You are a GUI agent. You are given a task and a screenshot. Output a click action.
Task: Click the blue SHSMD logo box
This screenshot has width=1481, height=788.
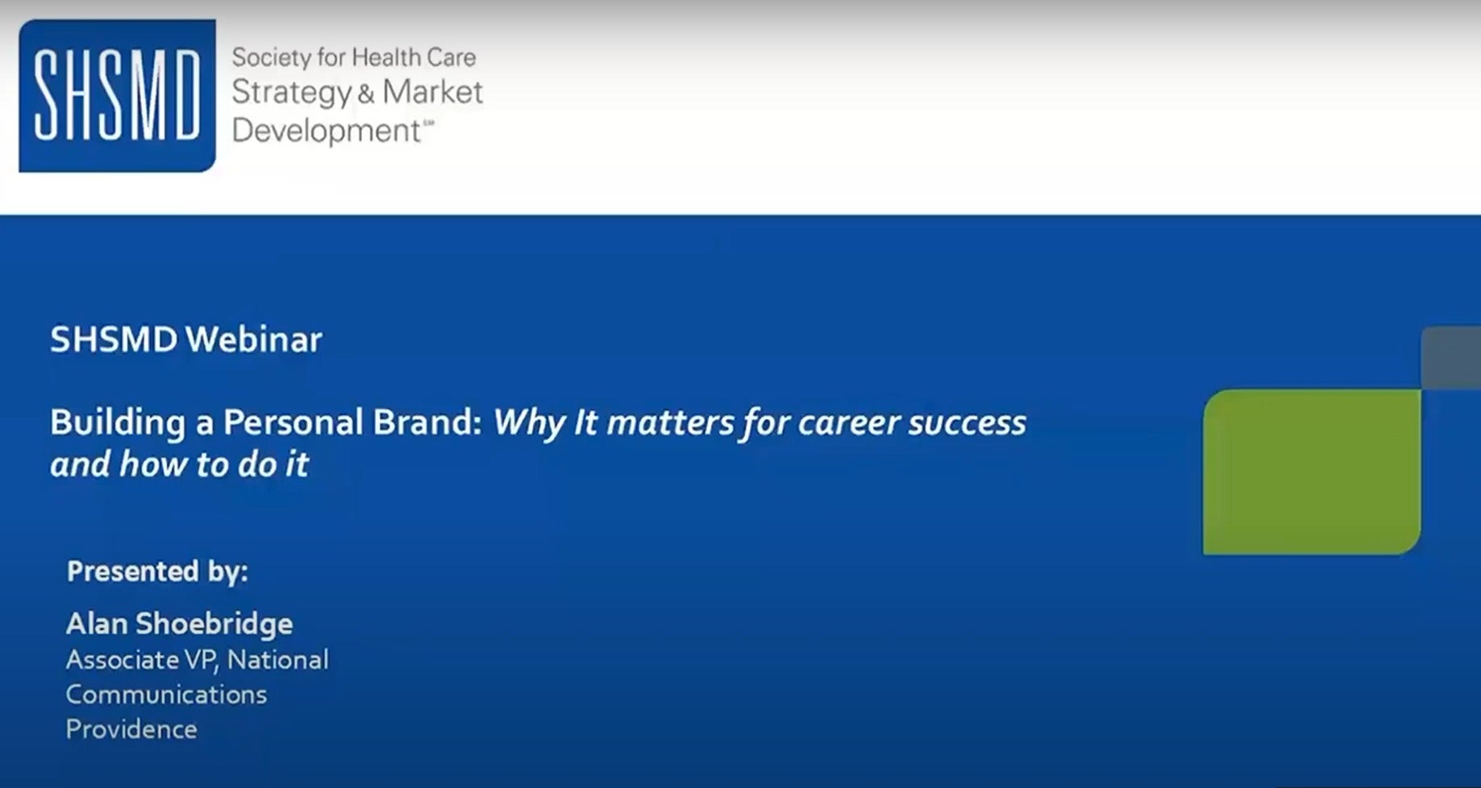pos(118,96)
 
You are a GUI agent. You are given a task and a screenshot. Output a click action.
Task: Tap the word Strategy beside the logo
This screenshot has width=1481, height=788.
pos(292,93)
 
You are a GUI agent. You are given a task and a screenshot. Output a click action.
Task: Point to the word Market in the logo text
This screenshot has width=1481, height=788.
pos(432,92)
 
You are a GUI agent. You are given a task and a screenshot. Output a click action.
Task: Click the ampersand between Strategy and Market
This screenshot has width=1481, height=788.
pos(366,94)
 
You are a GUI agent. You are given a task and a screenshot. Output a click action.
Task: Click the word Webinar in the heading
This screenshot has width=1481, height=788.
pos(254,339)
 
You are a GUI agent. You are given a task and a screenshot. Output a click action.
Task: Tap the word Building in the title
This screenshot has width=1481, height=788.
pos(118,423)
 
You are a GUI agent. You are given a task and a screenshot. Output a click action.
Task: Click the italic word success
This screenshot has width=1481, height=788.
pos(967,424)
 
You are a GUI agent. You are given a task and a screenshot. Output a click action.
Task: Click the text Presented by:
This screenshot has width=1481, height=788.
pos(158,571)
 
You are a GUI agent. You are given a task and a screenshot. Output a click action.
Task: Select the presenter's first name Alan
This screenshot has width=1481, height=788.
pos(97,624)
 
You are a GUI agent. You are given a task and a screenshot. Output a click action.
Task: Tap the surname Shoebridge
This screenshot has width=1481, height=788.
pos(214,624)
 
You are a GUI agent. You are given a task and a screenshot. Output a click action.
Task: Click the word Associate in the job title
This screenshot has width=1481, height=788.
pos(123,660)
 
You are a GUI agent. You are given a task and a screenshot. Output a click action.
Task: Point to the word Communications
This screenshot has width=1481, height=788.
pos(166,695)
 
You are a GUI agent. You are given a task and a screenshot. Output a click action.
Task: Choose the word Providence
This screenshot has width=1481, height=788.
pos(131,729)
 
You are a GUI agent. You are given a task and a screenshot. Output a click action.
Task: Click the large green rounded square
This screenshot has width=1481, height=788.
pos(1312,472)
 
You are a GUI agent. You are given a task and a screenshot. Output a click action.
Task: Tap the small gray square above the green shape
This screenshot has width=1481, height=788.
pos(1451,359)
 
